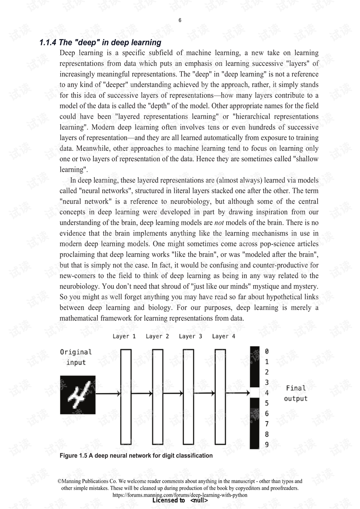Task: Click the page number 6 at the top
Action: point(180,20)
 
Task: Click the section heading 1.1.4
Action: point(100,43)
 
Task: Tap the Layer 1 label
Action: point(124,336)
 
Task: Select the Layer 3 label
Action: point(190,336)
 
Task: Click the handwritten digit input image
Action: point(78,395)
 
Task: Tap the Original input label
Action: point(76,357)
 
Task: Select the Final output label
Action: point(295,393)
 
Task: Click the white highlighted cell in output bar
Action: point(255,393)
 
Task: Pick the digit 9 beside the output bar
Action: point(267,445)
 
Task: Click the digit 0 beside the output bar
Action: point(267,351)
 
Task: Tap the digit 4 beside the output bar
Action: point(267,393)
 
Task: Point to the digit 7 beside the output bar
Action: point(267,424)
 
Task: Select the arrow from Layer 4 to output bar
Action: point(238,393)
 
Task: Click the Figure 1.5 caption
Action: point(136,456)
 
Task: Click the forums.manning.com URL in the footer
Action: point(180,495)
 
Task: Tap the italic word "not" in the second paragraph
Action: point(219,223)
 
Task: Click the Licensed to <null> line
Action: point(180,500)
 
